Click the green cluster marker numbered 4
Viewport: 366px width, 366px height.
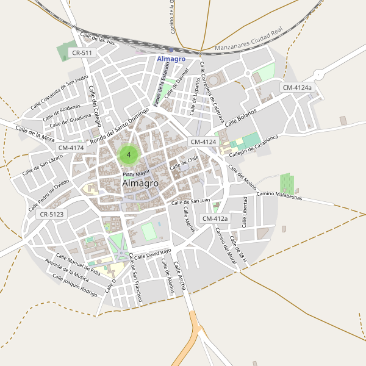click(x=129, y=154)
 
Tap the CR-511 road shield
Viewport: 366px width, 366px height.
click(x=82, y=53)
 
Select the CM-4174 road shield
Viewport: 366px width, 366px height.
click(x=71, y=148)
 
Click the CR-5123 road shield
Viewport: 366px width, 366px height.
click(x=51, y=215)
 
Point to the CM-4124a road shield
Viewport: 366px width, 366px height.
click(x=297, y=88)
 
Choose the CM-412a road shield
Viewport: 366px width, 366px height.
click(x=215, y=218)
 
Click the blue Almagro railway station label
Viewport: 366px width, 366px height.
click(x=171, y=59)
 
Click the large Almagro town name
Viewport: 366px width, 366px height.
click(x=140, y=183)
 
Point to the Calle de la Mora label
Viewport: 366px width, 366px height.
click(x=35, y=134)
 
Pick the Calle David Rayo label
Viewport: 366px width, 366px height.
click(x=152, y=253)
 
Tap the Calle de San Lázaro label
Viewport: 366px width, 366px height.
click(x=43, y=164)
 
